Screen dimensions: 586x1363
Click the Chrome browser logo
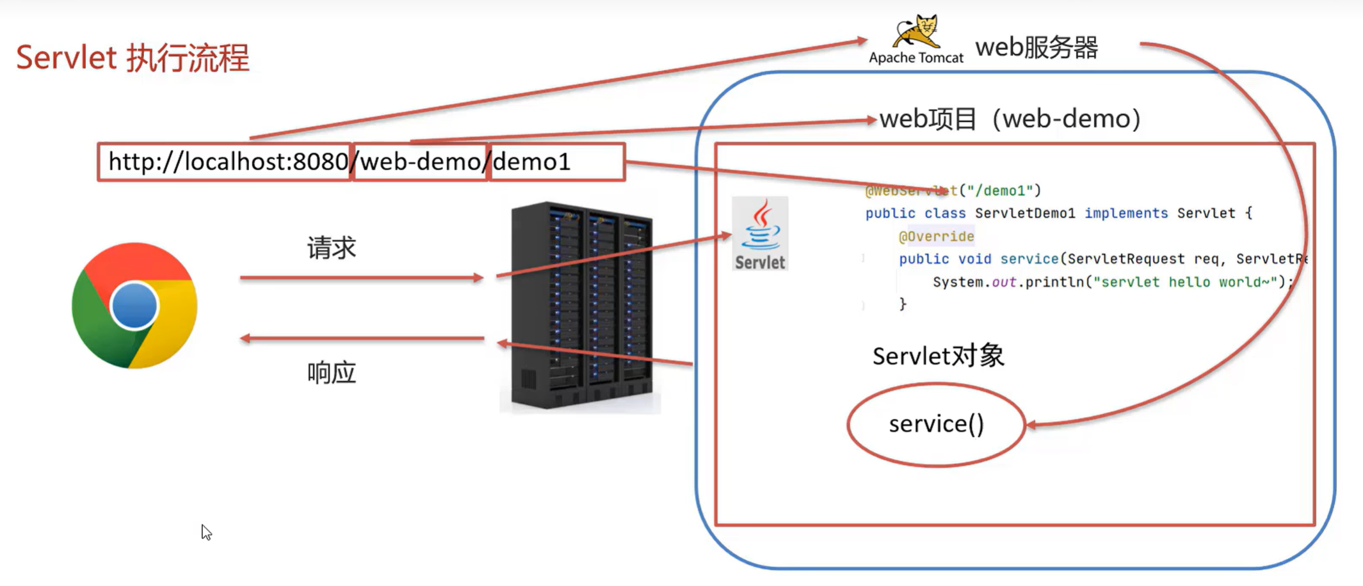coord(134,306)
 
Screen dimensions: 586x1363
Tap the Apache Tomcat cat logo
coord(917,32)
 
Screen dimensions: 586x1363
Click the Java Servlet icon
coord(760,234)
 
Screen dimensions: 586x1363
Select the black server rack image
coord(581,306)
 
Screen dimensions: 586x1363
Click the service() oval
coord(936,424)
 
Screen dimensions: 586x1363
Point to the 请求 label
coord(331,248)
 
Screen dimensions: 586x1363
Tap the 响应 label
coord(331,372)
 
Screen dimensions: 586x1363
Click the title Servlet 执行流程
coord(133,58)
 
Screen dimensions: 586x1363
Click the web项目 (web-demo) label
coord(1010,119)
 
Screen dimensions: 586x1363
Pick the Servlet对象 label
coord(938,356)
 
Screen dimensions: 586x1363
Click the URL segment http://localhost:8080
coord(227,162)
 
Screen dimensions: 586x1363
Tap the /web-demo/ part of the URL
coord(421,162)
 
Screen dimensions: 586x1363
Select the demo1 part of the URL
coord(531,162)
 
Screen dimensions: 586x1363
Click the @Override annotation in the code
coord(936,237)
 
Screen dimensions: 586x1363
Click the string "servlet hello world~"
coord(1185,282)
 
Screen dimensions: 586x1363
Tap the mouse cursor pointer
coord(206,532)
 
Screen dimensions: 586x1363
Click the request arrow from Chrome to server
coord(362,278)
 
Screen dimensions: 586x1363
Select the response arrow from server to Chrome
coord(362,338)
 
